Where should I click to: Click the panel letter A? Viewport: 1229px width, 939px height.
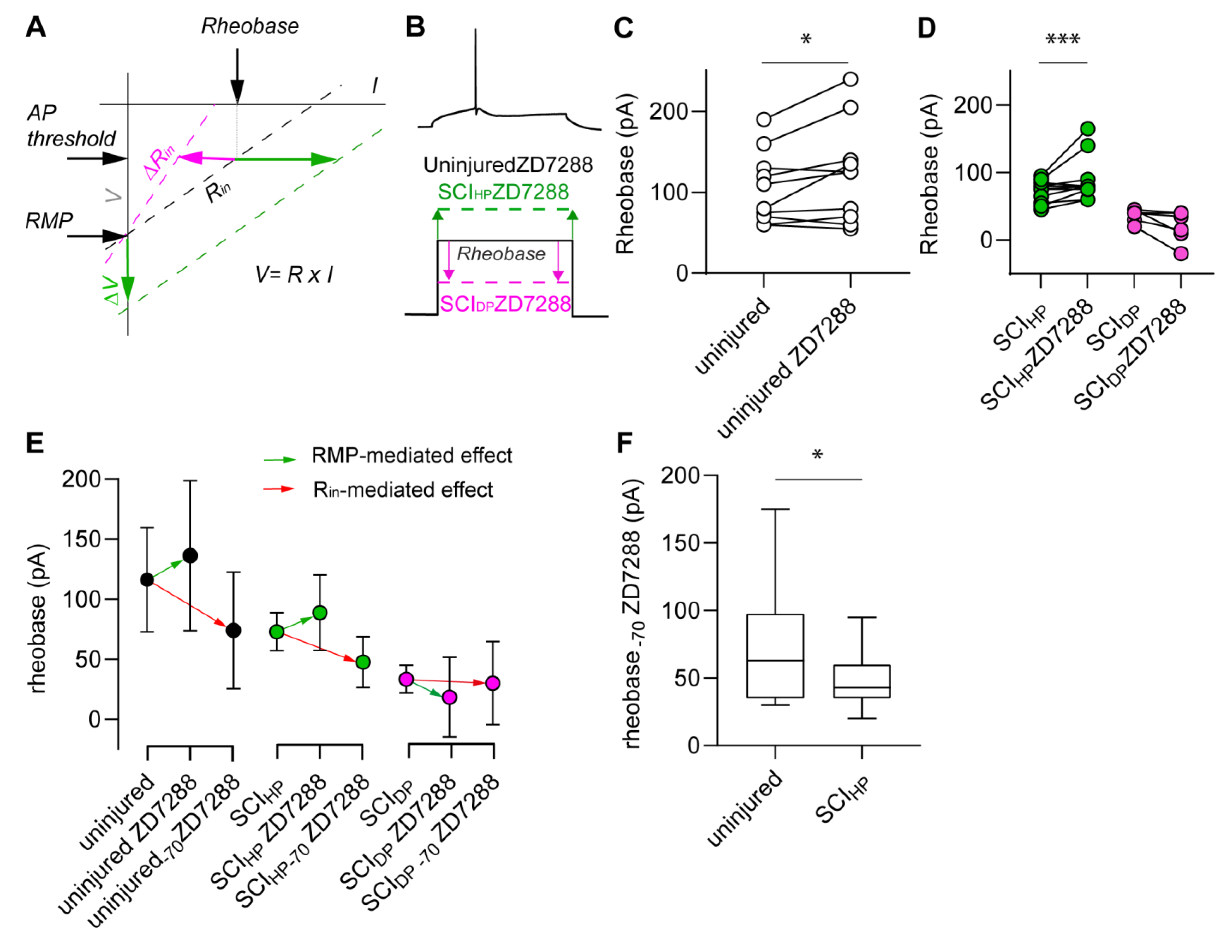[36, 27]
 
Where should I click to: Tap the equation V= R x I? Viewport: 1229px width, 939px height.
[294, 275]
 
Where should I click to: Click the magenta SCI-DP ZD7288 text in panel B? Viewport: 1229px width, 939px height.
[505, 303]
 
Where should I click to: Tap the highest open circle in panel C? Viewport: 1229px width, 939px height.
[850, 79]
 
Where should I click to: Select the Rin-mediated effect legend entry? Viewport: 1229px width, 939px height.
[403, 490]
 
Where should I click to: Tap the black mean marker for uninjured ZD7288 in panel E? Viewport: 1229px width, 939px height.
[190, 556]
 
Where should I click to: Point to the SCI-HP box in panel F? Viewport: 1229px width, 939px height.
[861, 681]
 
